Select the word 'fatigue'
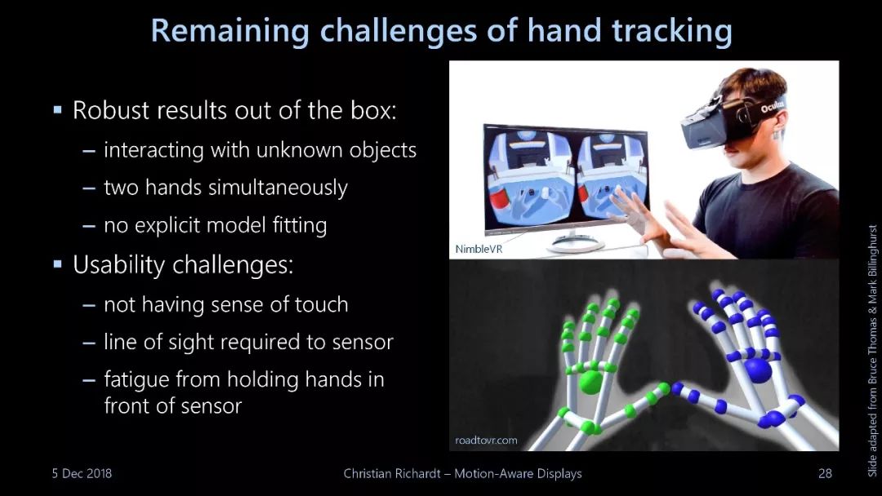click(136, 380)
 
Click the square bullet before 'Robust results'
click(57, 109)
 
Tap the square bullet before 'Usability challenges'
click(57, 263)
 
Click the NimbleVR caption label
click(478, 249)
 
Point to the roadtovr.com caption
click(486, 441)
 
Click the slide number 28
click(825, 473)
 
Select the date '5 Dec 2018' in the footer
click(82, 473)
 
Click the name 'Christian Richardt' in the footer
click(392, 473)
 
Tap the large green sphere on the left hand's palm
click(590, 382)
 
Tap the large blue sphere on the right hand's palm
click(758, 370)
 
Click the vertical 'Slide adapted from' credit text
click(872, 351)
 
